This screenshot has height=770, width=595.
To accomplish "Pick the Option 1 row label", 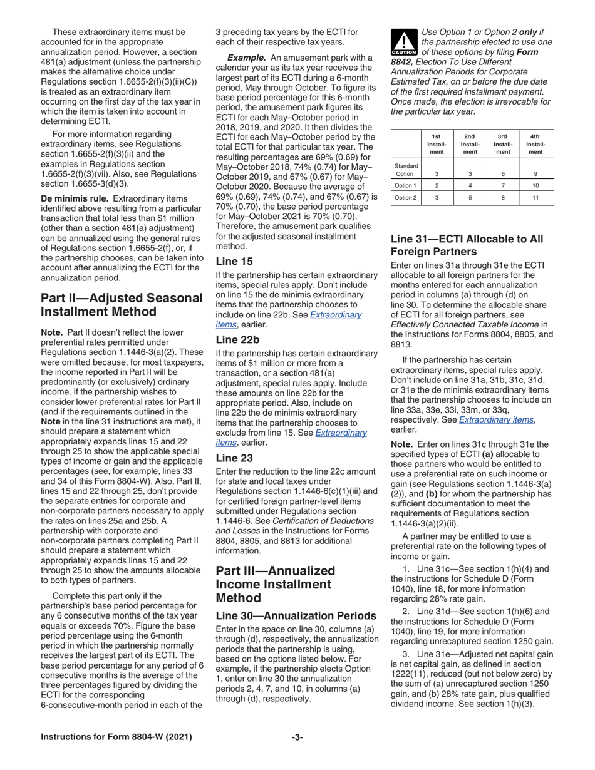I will click(405, 185).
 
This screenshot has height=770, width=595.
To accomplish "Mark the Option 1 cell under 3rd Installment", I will click(502, 185).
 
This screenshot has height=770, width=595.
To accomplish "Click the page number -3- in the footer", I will click(297, 754).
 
